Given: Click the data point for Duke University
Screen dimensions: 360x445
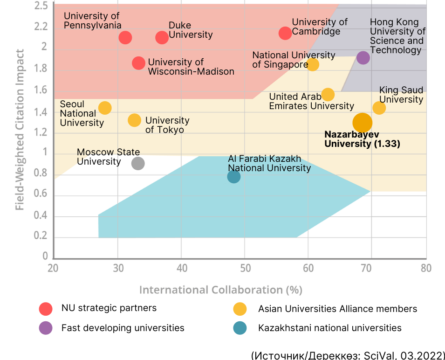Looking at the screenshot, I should pyautogui.click(x=162, y=37).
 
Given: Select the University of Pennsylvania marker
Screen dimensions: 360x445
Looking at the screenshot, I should pyautogui.click(x=125, y=37).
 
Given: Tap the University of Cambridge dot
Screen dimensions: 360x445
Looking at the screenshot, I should pyautogui.click(x=285, y=33).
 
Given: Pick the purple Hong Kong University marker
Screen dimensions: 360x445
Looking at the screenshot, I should pyautogui.click(x=363, y=58).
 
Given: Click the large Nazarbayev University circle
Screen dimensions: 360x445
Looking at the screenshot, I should pyautogui.click(x=363, y=123).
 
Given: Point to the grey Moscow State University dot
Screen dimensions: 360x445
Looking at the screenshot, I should pyautogui.click(x=138, y=163).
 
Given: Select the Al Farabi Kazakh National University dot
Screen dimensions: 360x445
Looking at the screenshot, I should pyautogui.click(x=234, y=177).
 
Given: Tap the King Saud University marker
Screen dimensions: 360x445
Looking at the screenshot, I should pyautogui.click(x=379, y=108).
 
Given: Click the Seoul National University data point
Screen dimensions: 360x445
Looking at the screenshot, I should pyautogui.click(x=105, y=108).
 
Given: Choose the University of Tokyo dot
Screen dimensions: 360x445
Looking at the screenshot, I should pyautogui.click(x=134, y=120).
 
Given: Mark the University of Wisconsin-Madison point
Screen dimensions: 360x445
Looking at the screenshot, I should pyautogui.click(x=138, y=63).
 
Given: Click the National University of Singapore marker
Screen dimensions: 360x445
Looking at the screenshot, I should pyautogui.click(x=313, y=64).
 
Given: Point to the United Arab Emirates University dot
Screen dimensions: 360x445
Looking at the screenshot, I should pyautogui.click(x=328, y=95).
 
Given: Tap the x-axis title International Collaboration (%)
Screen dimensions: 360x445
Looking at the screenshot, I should pyautogui.click(x=221, y=290).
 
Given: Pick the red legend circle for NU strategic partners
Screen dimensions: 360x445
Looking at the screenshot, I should pyautogui.click(x=45, y=309).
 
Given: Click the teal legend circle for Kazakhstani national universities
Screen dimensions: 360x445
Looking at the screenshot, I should pyautogui.click(x=240, y=328).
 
